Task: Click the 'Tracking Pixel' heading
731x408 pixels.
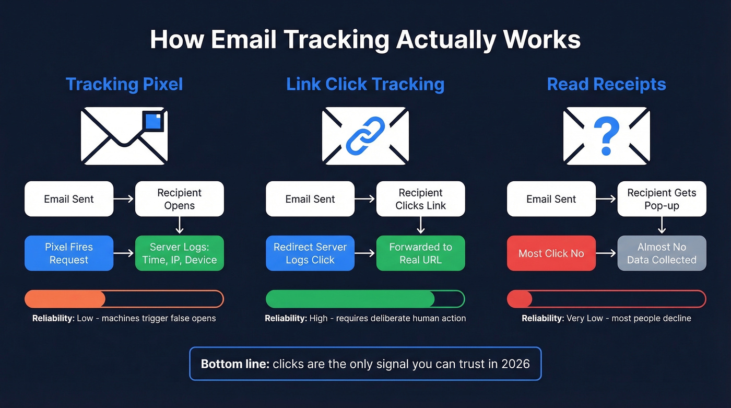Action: (x=124, y=84)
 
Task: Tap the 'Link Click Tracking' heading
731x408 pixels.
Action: (x=365, y=84)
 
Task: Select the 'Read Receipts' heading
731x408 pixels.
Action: (x=606, y=84)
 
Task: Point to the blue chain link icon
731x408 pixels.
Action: (x=365, y=135)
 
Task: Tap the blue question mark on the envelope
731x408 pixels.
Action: (x=606, y=136)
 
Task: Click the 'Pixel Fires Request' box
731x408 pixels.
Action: (x=69, y=253)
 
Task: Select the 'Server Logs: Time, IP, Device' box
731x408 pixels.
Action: (x=179, y=253)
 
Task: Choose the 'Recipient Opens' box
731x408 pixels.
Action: (x=179, y=199)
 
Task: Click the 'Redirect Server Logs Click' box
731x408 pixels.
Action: (x=310, y=253)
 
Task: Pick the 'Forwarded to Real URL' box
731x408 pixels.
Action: (x=420, y=253)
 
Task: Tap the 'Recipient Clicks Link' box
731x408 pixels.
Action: (x=420, y=199)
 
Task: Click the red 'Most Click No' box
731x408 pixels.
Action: (x=551, y=253)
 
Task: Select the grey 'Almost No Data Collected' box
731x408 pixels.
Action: (x=662, y=253)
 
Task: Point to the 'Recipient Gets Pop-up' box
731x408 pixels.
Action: (x=662, y=199)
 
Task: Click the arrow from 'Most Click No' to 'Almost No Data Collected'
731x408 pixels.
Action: (x=606, y=253)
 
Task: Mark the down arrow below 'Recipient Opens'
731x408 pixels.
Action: (x=179, y=226)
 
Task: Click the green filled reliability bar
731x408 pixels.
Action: (x=350, y=299)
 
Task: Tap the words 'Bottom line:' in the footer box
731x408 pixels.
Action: (x=235, y=364)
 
